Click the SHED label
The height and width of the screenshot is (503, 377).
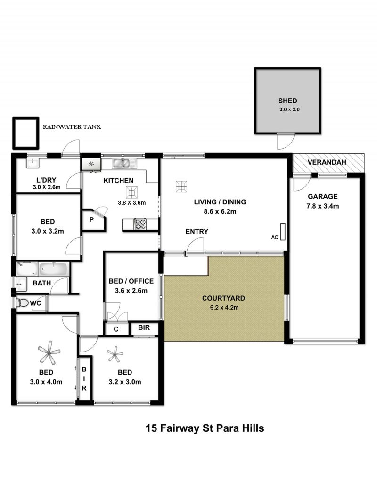287,101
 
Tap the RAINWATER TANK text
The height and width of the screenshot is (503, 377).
72,127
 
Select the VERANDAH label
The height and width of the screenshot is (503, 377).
327,162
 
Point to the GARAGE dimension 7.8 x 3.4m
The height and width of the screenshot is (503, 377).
322,206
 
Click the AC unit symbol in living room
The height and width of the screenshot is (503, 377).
283,232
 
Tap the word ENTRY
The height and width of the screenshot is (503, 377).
197,232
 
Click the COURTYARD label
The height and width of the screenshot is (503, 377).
223,298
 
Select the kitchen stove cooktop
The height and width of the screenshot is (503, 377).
139,224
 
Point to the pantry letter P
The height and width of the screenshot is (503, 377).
91,220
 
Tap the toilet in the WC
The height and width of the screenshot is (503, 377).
22,303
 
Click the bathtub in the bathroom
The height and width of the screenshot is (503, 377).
53,269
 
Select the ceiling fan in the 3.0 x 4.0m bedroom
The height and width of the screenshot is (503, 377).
49,352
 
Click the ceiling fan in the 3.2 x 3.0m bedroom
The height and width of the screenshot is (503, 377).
115,354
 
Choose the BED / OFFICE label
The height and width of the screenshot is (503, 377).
131,281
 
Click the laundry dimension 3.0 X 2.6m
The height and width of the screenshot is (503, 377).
47,187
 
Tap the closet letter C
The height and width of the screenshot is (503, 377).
116,329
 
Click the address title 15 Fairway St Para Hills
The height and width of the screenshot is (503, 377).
205,428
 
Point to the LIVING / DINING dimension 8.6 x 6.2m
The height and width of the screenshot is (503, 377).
220,212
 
